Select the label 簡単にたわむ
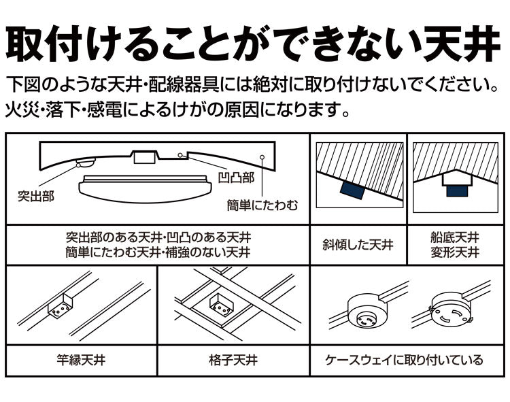click(262, 203)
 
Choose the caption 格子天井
click(233, 360)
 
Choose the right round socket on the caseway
click(449, 311)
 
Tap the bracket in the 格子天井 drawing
click(220, 304)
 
